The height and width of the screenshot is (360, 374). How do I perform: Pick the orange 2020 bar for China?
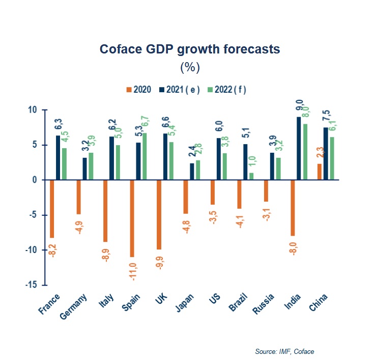[320, 172]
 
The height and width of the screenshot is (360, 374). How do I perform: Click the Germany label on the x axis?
[75, 307]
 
